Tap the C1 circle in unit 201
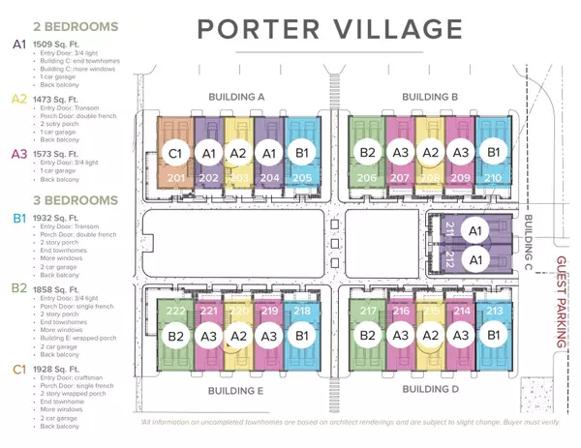pyautogui.click(x=175, y=153)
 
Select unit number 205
pyautogui.click(x=300, y=177)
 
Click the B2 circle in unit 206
pyautogui.click(x=367, y=152)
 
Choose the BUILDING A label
pyautogui.click(x=236, y=97)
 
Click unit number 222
pyautogui.click(x=175, y=311)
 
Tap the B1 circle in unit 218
pyautogui.click(x=301, y=336)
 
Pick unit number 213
pyautogui.click(x=494, y=311)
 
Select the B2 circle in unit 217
pyautogui.click(x=367, y=336)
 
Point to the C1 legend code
pyautogui.click(x=19, y=369)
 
